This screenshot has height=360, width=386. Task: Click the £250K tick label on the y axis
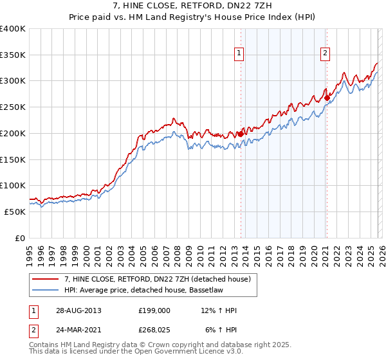pyautogui.click(x=13, y=107)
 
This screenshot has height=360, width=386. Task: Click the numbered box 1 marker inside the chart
pyautogui.click(x=239, y=53)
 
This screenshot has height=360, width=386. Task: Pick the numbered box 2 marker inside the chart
pyautogui.click(x=326, y=53)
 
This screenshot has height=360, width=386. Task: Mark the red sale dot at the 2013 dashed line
pyautogui.click(x=241, y=134)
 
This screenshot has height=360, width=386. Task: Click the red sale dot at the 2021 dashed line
pyautogui.click(x=327, y=98)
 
